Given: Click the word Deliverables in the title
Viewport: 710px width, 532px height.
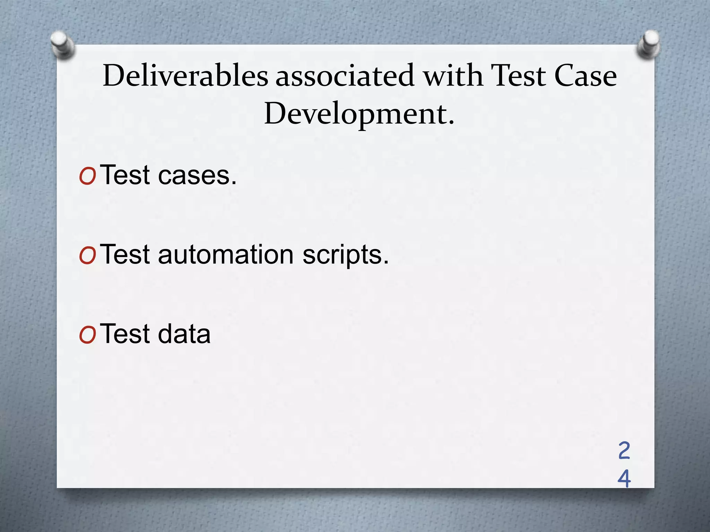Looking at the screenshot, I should pos(185,76).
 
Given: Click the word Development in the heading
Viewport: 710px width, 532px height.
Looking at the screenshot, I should pos(355,114).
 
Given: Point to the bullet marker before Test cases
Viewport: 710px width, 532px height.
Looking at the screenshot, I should pos(87,177).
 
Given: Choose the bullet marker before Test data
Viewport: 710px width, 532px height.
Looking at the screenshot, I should pos(87,336).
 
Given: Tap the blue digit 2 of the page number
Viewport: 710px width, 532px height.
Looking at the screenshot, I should pos(624,451).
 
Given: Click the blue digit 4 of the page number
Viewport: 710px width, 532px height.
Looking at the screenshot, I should pos(624,479).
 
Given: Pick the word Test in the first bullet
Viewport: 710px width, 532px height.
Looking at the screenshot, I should pos(126,175).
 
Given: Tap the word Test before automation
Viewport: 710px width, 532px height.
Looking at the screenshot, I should pos(126,255).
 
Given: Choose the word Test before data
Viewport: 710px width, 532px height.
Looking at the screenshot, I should pos(126,334).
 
